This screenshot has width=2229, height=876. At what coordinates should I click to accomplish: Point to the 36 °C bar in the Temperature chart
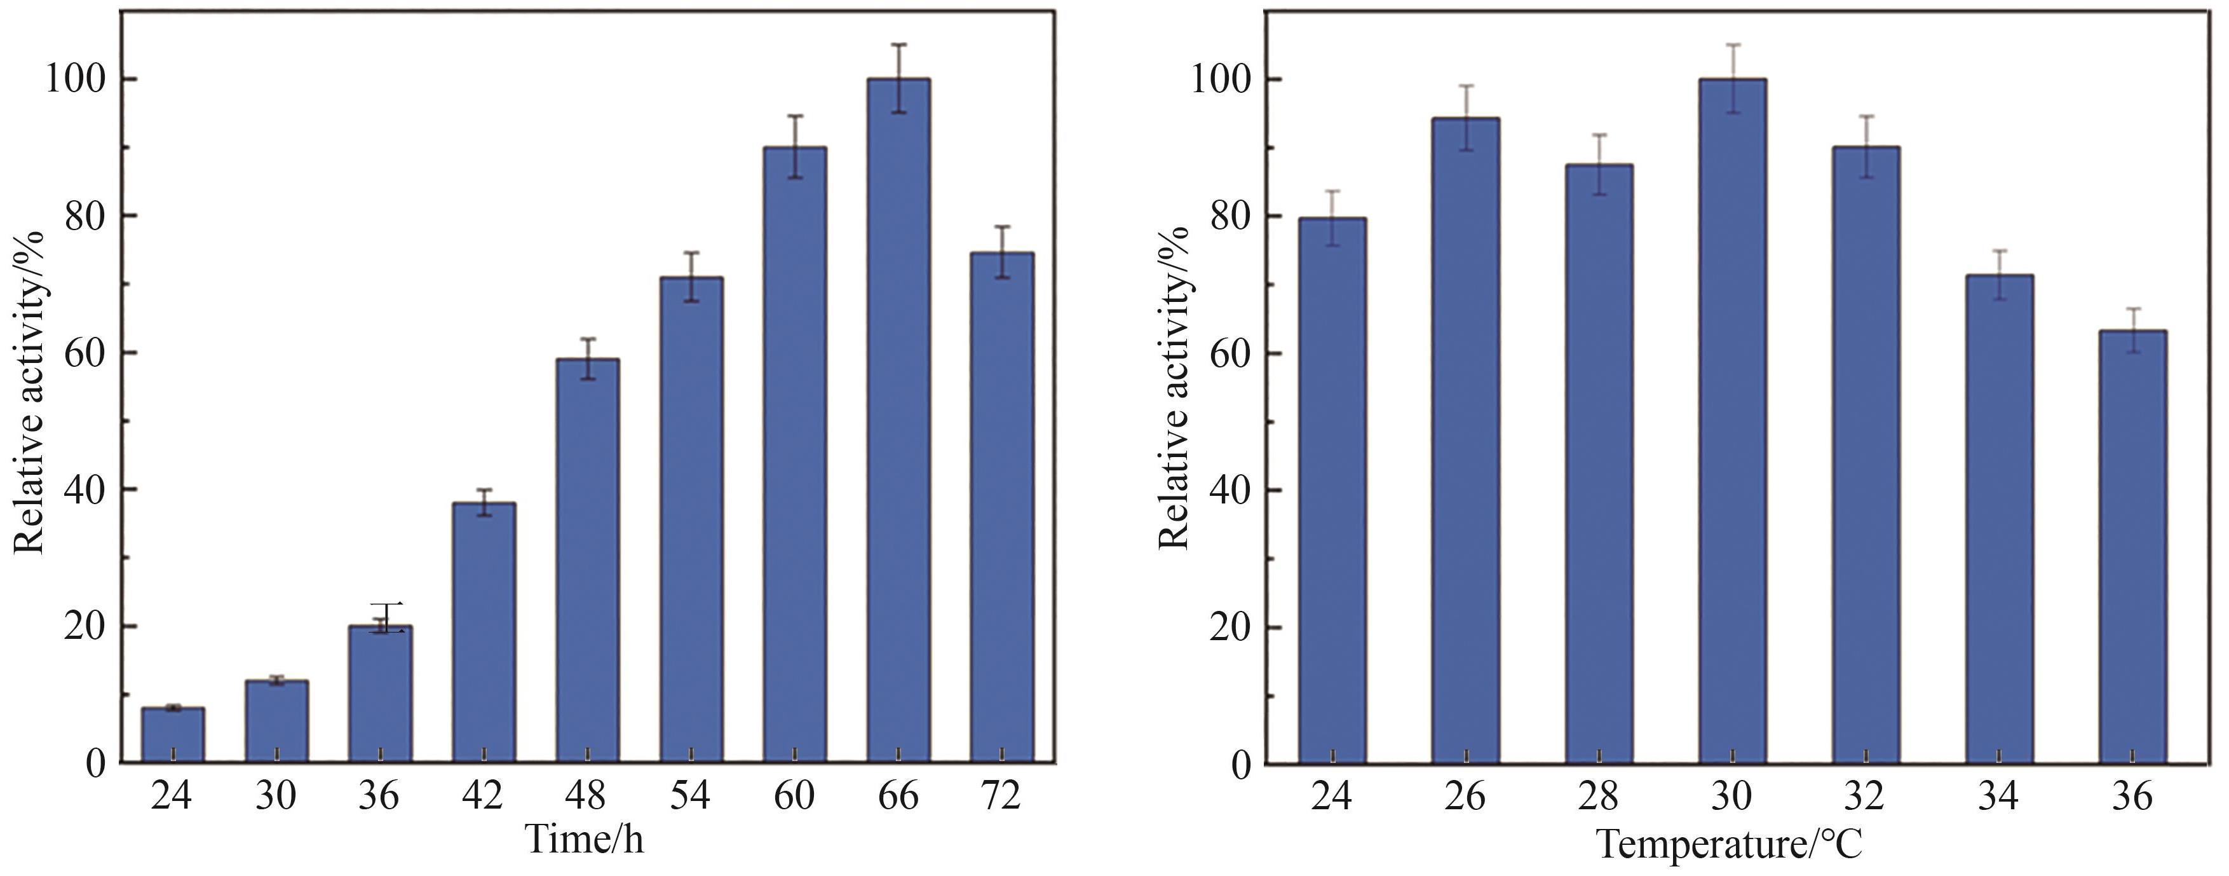(x=2133, y=546)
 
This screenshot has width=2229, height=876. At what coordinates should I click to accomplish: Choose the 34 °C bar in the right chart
(x=2000, y=519)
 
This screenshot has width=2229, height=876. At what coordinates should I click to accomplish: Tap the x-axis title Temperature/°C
(x=1729, y=843)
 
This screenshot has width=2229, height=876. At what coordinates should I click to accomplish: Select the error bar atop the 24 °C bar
(x=1332, y=217)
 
